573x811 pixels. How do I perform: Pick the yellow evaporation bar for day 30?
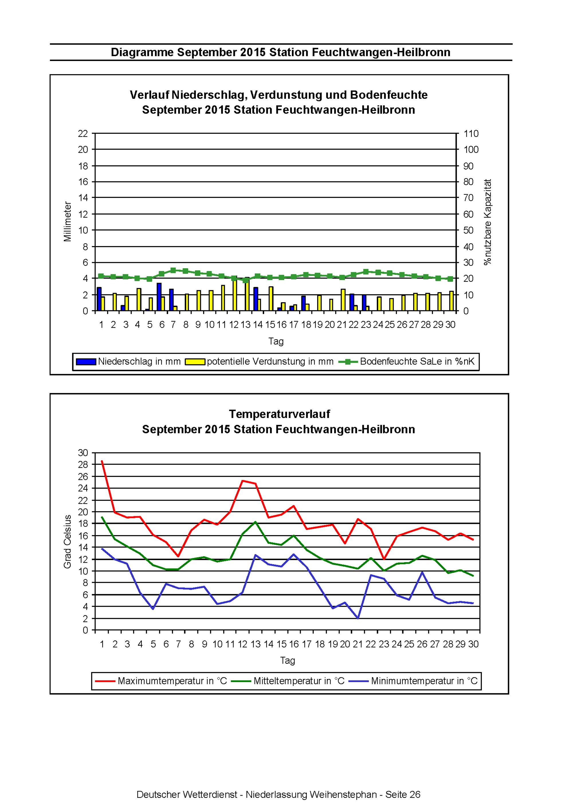(x=452, y=301)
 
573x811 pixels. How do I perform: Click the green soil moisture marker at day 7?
(x=173, y=270)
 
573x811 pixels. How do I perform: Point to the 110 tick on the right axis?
(x=471, y=133)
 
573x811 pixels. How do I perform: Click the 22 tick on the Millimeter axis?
(x=83, y=133)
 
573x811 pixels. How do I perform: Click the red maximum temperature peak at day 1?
(x=102, y=461)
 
